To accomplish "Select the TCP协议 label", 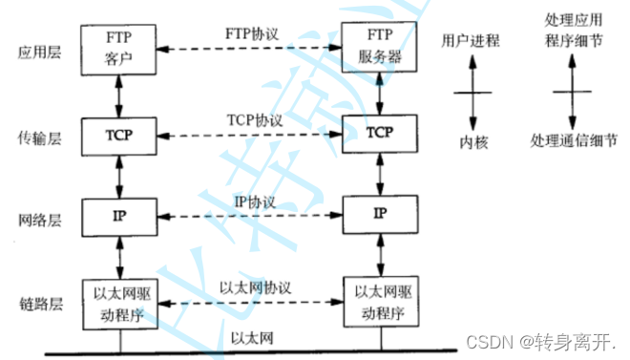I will [x=252, y=122].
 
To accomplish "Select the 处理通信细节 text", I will [x=570, y=141].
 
